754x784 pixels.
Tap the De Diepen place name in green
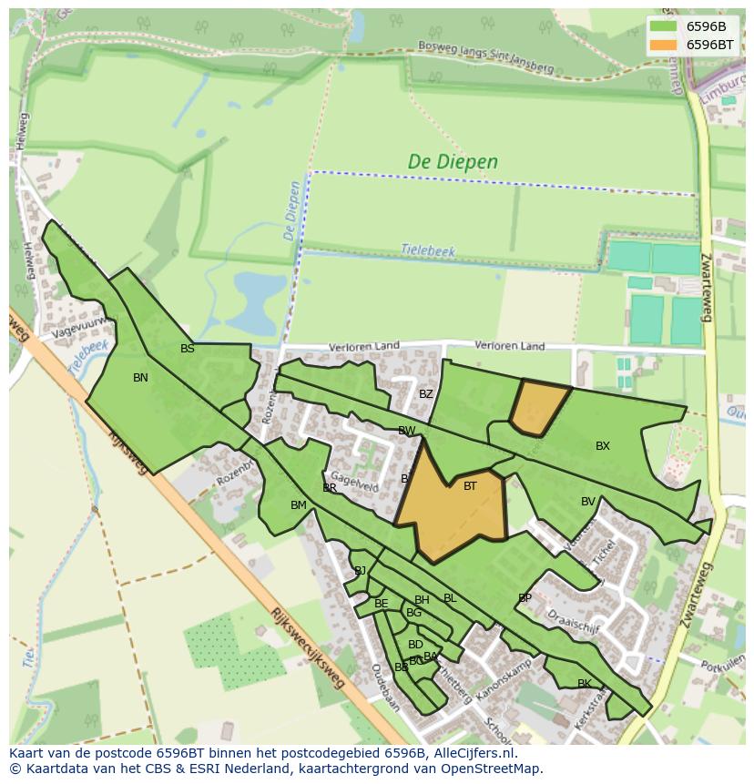[x=453, y=162]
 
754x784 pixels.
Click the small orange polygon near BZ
[x=538, y=406]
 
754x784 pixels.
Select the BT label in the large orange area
[x=470, y=486]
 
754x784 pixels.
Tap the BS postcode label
[x=188, y=349]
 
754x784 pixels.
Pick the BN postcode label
[x=140, y=378]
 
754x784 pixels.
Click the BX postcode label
[x=603, y=446]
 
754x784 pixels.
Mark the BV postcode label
[x=588, y=502]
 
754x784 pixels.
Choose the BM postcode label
[x=299, y=505]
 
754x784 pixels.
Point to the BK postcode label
[x=585, y=684]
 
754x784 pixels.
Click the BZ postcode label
[x=426, y=394]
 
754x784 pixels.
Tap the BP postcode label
[x=525, y=598]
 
